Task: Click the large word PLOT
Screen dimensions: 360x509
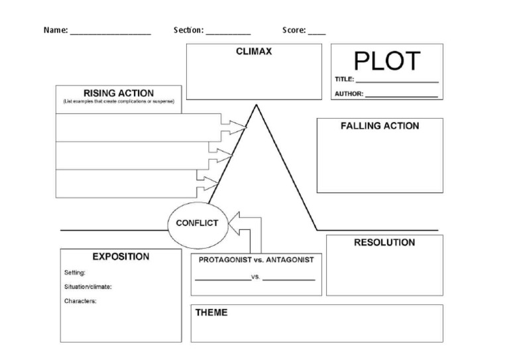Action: point(387,61)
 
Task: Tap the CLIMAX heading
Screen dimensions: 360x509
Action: point(254,52)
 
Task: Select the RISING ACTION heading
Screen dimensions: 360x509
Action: point(118,93)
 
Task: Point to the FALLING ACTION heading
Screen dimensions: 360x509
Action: point(380,126)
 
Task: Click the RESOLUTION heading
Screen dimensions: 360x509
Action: point(384,243)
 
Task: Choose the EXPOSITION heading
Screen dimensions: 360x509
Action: point(121,257)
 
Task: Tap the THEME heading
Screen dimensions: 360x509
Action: point(211,312)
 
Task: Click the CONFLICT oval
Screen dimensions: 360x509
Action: point(197,223)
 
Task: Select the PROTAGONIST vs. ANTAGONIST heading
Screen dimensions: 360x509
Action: point(256,260)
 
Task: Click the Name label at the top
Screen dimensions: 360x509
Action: point(55,30)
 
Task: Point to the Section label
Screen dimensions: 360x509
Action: point(188,30)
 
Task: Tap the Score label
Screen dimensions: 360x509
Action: point(294,30)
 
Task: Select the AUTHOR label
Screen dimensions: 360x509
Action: point(349,93)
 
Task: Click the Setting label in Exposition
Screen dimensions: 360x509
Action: point(75,272)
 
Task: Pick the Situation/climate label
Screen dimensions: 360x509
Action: point(87,287)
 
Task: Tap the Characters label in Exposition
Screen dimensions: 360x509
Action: point(80,301)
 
